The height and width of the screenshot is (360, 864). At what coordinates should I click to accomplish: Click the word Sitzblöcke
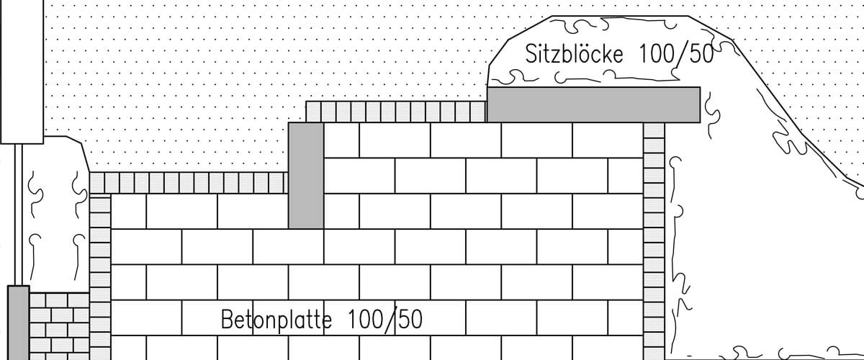tap(574, 55)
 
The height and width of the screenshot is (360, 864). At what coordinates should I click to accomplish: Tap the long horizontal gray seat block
tap(593, 104)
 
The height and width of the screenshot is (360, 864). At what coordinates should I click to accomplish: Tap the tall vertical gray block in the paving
tap(305, 175)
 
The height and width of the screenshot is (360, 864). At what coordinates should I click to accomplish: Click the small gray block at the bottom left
tap(18, 322)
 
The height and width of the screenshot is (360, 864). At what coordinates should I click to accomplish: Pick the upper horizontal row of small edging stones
tap(396, 111)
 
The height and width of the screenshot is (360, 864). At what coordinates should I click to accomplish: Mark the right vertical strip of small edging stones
tap(654, 238)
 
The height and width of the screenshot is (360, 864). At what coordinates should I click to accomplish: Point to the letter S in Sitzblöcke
tap(531, 55)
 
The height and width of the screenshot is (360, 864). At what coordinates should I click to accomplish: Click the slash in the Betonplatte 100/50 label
tap(393, 320)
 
